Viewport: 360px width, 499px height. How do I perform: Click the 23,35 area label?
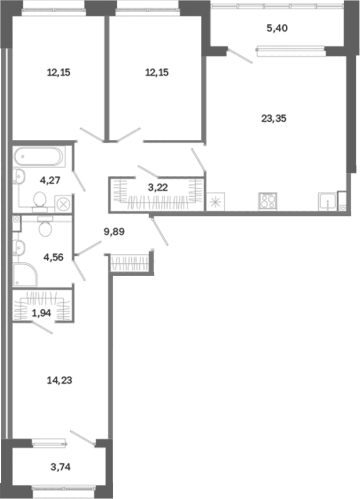click(x=273, y=119)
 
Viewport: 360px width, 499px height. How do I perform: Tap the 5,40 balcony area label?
click(x=277, y=28)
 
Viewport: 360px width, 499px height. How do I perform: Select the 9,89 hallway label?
click(x=114, y=232)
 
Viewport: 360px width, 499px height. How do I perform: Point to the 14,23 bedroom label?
click(x=60, y=380)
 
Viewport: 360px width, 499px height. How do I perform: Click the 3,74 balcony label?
click(x=60, y=467)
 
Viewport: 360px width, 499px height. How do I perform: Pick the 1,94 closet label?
click(x=41, y=313)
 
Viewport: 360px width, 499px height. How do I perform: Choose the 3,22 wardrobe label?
click(x=158, y=187)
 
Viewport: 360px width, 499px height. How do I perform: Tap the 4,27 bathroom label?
click(x=50, y=181)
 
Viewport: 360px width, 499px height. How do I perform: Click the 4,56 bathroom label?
click(x=53, y=257)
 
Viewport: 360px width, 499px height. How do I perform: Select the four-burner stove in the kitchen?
click(x=268, y=201)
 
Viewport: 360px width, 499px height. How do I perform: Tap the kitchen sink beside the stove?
click(x=327, y=202)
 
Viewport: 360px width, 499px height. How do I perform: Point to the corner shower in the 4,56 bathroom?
click(x=25, y=274)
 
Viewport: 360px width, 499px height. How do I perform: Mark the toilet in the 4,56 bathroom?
click(x=45, y=226)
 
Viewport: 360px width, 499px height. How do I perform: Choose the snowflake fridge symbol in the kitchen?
click(x=215, y=202)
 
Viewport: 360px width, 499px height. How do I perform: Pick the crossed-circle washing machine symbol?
click(x=63, y=204)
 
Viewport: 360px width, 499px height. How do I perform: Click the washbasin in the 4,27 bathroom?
click(x=19, y=176)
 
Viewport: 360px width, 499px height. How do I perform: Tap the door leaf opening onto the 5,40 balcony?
click(x=240, y=55)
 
